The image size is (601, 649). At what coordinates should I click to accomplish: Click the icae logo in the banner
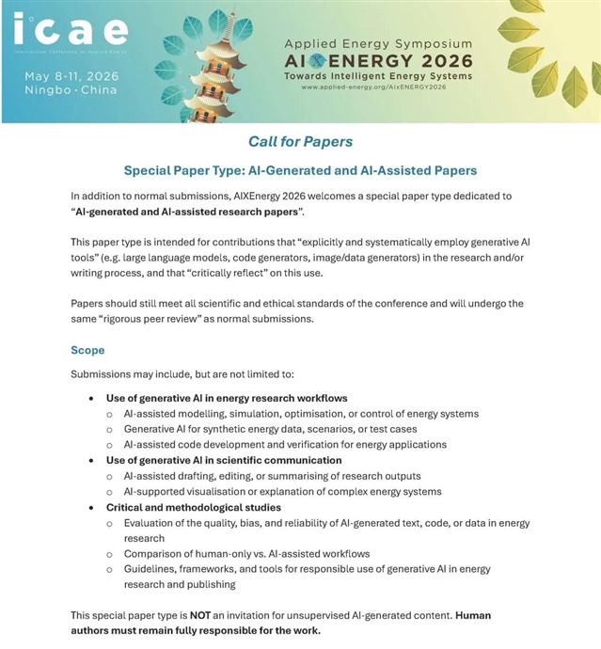coord(70,32)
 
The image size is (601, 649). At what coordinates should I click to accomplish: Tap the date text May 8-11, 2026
coord(71,75)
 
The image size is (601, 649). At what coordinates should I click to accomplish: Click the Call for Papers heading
coord(300,142)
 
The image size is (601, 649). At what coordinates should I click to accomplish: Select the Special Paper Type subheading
coord(300,171)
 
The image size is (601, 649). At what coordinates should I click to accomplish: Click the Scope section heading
coord(87,350)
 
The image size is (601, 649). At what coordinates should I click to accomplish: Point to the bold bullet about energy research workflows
coord(227,398)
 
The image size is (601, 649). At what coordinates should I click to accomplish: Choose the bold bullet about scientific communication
coord(224,460)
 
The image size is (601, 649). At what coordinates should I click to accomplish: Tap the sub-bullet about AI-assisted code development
coord(285,444)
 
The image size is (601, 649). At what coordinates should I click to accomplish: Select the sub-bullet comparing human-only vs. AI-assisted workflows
coord(246,553)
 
